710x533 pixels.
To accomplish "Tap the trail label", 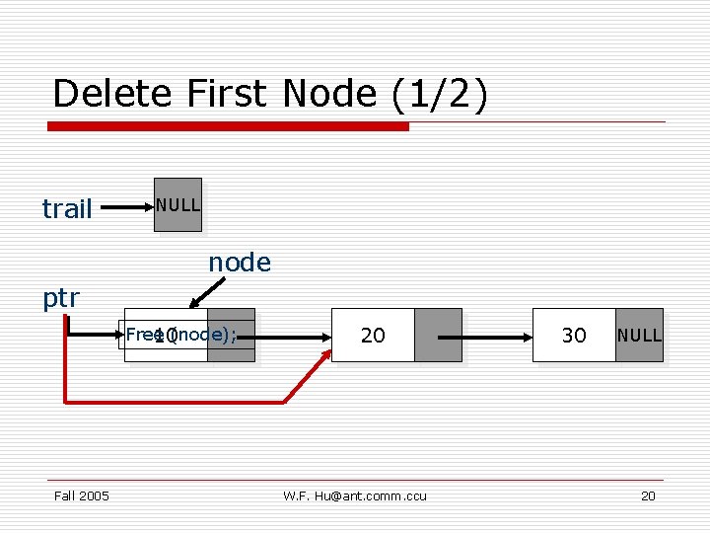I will pyautogui.click(x=67, y=208).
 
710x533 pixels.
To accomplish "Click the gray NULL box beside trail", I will pyautogui.click(x=178, y=205).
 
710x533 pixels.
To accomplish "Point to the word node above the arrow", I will pyautogui.click(x=239, y=263).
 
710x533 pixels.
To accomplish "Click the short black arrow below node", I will pyautogui.click(x=208, y=293).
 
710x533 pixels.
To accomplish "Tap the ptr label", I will pyautogui.click(x=61, y=298).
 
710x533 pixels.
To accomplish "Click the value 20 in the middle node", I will pyautogui.click(x=373, y=336).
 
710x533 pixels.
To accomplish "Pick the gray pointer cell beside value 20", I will pyautogui.click(x=438, y=336).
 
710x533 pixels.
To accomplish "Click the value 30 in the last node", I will pyautogui.click(x=574, y=336).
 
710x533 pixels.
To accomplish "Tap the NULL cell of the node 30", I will pyautogui.click(x=639, y=336).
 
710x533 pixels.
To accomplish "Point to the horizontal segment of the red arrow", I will pyautogui.click(x=177, y=402).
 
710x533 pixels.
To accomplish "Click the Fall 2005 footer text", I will pyautogui.click(x=82, y=495).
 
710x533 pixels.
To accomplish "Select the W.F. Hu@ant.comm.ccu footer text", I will pyautogui.click(x=355, y=495).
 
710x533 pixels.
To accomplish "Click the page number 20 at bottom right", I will pyautogui.click(x=648, y=495).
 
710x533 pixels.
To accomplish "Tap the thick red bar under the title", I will pyautogui.click(x=229, y=126).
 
